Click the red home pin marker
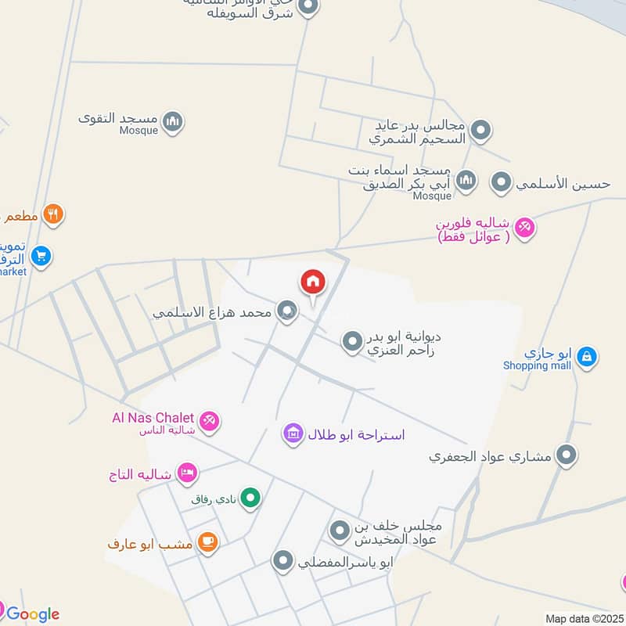coord(312,282)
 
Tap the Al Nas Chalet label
coord(152,418)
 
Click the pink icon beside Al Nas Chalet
coord(209,422)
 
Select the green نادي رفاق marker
coord(250,497)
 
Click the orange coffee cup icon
coord(207,542)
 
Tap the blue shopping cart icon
coord(41,255)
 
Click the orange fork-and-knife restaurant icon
coord(53,214)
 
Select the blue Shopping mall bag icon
coord(586,358)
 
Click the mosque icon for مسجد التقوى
coord(174,121)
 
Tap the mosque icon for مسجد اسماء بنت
coord(466,181)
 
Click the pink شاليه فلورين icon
coord(524,228)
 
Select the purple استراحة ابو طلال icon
coord(293,433)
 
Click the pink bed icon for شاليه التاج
coord(187,473)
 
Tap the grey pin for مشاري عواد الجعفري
coord(566,455)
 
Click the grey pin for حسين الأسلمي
coord(501,183)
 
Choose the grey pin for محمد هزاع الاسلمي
coord(287,311)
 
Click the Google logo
coord(33,614)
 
